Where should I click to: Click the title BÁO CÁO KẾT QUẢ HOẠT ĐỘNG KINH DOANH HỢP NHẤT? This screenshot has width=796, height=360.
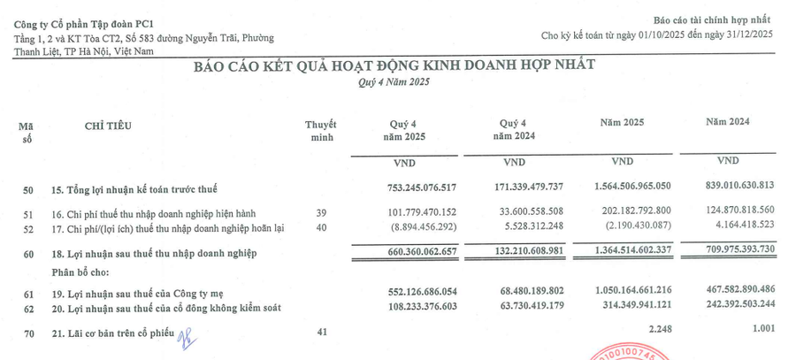click(x=394, y=65)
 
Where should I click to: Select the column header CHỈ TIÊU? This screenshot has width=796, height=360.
click(x=108, y=126)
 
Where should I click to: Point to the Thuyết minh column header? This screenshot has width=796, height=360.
click(x=319, y=131)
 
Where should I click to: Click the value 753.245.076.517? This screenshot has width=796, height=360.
click(x=409, y=188)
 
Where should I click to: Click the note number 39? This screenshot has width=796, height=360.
click(x=321, y=212)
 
